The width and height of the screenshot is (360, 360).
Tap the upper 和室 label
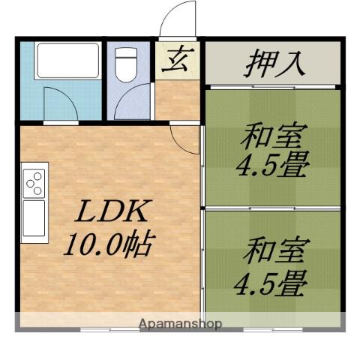[272, 139]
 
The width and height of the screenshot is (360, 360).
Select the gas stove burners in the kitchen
[34, 182]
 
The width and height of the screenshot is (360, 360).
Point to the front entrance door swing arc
[180, 16]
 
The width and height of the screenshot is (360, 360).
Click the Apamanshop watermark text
[181, 325]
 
